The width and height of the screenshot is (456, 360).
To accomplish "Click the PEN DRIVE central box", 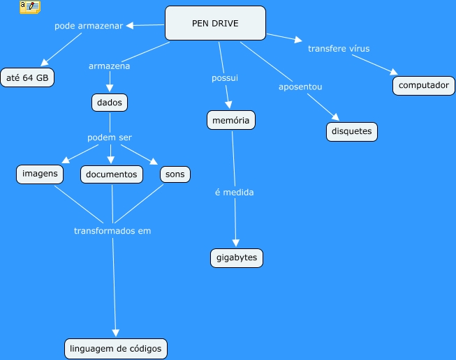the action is tap(215, 23).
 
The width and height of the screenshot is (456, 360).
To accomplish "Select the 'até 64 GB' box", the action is tap(27, 77).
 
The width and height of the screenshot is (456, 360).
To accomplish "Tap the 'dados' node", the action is tap(110, 103).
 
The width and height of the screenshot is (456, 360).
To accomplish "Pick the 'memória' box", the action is tap(231, 120).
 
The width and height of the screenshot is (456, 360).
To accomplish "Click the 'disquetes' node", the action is tap(352, 132).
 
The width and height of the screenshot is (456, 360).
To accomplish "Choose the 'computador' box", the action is tap(424, 85).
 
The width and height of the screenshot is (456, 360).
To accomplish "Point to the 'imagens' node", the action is tap(40, 174).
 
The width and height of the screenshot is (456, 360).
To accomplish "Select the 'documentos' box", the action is tap(112, 174).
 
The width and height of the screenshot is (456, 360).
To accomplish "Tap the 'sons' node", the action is tap(175, 174).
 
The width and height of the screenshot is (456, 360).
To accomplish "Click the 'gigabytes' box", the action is tap(237, 257).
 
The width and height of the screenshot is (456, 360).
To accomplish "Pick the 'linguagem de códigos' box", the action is tap(116, 348).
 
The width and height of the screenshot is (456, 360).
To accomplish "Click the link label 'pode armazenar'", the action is tap(89, 26).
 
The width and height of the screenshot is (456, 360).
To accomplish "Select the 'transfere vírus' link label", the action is tap(339, 49).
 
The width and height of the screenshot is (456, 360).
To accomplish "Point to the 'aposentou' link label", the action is tap(300, 87).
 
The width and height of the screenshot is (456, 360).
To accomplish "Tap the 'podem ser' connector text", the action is tap(110, 137).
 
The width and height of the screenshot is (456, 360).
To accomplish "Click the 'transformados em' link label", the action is tap(112, 231).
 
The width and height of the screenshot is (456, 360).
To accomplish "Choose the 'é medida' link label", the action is tap(235, 193).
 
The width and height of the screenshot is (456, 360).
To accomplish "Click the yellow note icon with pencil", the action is tap(30, 7).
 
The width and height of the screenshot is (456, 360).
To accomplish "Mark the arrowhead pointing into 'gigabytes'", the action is tap(236, 243).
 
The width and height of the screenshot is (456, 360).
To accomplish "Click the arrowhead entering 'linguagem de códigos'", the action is tap(116, 333).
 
